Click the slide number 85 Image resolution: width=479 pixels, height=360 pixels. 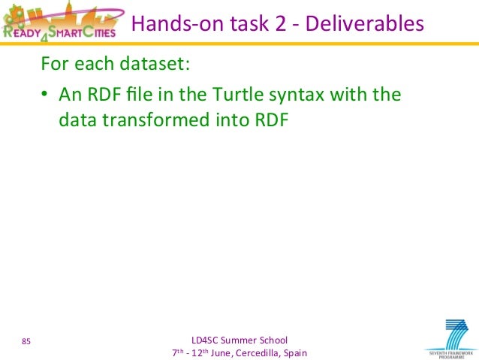point(26,343)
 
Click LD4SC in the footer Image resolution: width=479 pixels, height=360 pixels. point(207,340)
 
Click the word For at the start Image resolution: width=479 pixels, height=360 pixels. point(54,64)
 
